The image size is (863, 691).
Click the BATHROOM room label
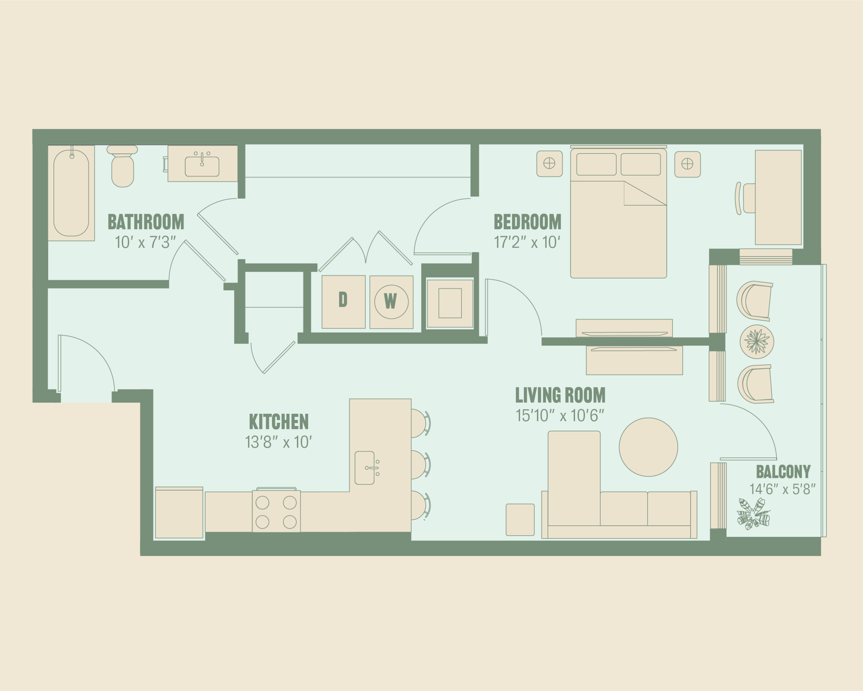point(146,222)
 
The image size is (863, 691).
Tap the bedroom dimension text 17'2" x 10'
point(527,242)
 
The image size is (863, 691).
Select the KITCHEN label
point(278,422)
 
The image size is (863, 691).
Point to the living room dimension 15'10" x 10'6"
point(560,415)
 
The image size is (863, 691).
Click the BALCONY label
point(783,471)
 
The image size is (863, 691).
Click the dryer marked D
point(344,302)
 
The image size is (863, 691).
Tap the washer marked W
point(391,302)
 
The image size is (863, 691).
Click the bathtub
point(71,193)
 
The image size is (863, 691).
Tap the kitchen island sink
point(365,468)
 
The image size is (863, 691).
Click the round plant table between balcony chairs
point(756,342)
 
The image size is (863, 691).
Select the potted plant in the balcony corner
point(753,514)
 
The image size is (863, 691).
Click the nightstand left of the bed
point(549,163)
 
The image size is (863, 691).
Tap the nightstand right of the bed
point(687,164)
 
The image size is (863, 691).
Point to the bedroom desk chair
point(745,198)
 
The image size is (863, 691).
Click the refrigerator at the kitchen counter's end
point(179,513)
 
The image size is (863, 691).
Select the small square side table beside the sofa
point(520,520)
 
